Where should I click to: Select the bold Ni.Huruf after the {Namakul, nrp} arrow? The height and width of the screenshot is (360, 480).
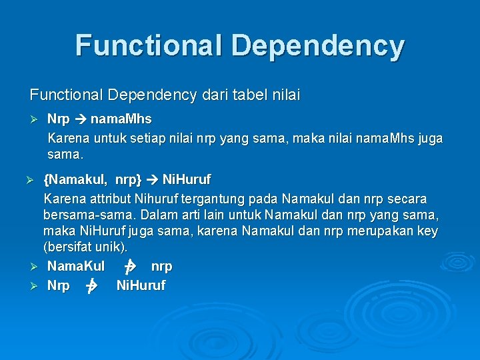point(187,180)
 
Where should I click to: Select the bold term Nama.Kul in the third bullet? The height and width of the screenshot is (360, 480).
point(76,266)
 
